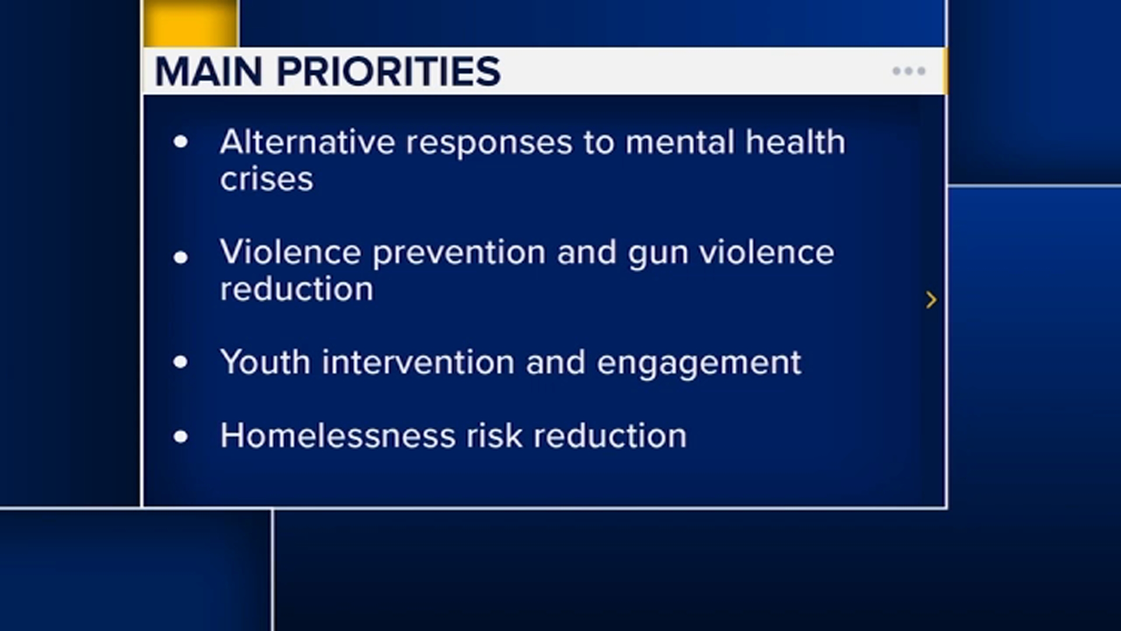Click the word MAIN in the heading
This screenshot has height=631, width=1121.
pos(208,72)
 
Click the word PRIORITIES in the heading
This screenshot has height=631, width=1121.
pos(388,72)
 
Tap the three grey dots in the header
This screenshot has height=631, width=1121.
pos(909,71)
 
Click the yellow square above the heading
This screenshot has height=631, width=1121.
pos(191,23)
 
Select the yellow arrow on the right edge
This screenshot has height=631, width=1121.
pos(931,300)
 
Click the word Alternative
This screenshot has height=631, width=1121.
pos(308,142)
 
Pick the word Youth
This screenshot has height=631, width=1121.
pos(265,362)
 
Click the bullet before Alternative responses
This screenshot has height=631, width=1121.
pos(181,141)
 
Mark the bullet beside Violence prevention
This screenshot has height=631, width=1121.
pos(181,256)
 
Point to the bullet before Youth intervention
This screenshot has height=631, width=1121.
pos(181,362)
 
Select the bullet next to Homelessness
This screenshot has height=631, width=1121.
pos(181,436)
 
